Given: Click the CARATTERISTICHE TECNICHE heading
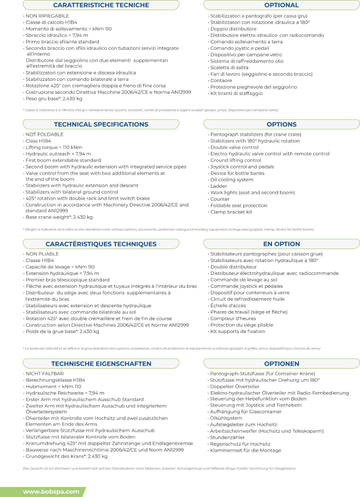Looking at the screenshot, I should tap(100, 5).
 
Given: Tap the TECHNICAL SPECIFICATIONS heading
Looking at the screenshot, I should tap(100, 124).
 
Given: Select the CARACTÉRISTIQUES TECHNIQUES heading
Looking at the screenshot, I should tap(100, 244).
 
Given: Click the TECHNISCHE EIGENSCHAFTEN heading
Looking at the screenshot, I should tap(100, 364).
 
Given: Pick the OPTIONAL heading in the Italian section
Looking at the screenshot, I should tap(281, 5).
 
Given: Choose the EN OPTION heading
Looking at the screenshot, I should tap(281, 244).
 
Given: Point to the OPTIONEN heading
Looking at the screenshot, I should tap(281, 364).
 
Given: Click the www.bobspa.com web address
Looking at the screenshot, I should tap(51, 492).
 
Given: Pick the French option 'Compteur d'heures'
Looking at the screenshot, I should tap(233, 318).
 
